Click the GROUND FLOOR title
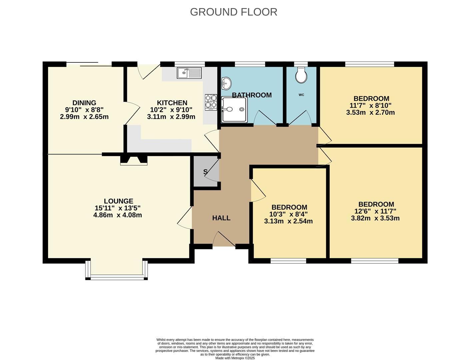point(233,12)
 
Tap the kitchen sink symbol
point(189,73)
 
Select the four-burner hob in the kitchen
point(211,102)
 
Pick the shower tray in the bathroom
point(235,110)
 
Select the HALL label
point(221,218)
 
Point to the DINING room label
point(84,103)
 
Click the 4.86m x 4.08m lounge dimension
point(118,215)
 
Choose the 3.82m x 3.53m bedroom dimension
point(375,219)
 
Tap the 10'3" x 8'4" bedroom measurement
point(288,214)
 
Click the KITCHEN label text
point(172,103)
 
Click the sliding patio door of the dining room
point(89,64)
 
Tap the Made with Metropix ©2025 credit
point(235,358)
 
